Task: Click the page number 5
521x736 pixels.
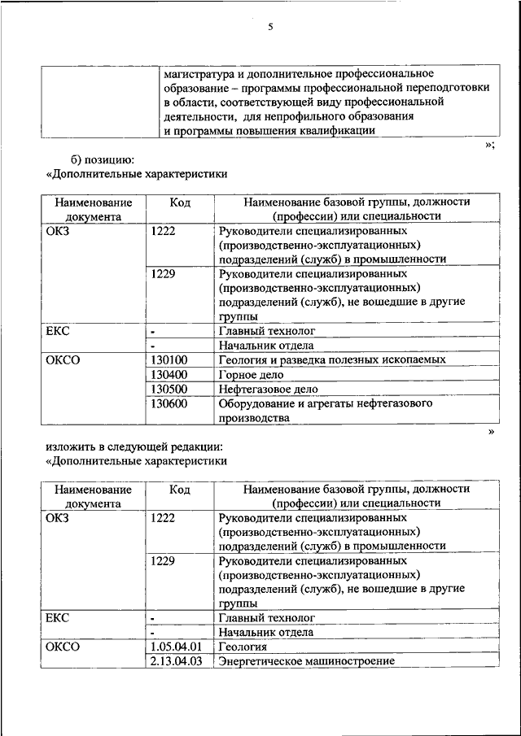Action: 270,27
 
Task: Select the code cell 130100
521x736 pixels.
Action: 169,359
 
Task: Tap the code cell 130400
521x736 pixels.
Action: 169,375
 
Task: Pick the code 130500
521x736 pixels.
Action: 169,390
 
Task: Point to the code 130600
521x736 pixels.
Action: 169,403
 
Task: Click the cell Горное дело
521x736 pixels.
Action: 251,375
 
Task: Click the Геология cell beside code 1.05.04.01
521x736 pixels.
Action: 243,647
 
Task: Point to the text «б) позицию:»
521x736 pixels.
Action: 103,159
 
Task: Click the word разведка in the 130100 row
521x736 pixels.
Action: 304,359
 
